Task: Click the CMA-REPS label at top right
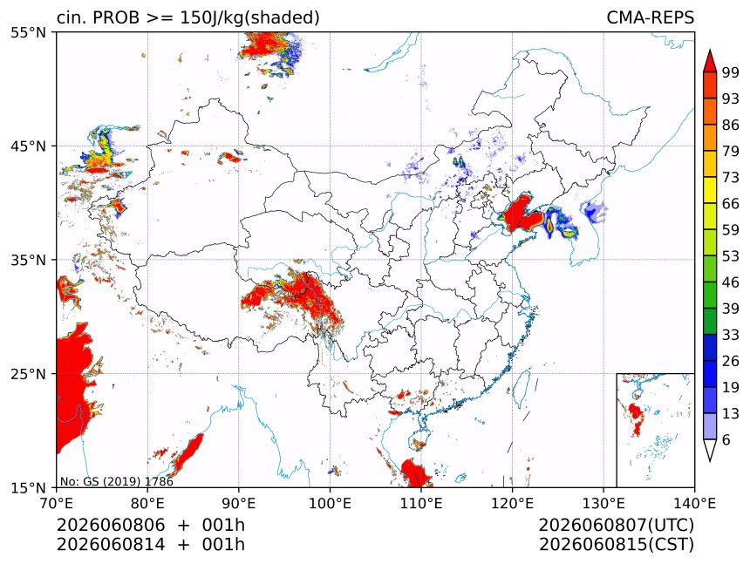pyautogui.click(x=650, y=17)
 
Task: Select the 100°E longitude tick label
pyautogui.click(x=330, y=503)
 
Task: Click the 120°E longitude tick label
pyautogui.click(x=512, y=503)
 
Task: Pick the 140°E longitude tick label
pyautogui.click(x=694, y=503)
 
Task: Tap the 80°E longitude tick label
pyautogui.click(x=147, y=503)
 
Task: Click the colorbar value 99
pyautogui.click(x=731, y=72)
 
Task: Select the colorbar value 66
pyautogui.click(x=731, y=204)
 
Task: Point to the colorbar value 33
pyautogui.click(x=731, y=335)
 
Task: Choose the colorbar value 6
pyautogui.click(x=726, y=439)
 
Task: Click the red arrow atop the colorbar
pyautogui.click(x=710, y=61)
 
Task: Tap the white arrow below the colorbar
pyautogui.click(x=710, y=450)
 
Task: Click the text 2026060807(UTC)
pyautogui.click(x=616, y=526)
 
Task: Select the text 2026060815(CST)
pyautogui.click(x=616, y=545)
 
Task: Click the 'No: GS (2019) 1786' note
pyautogui.click(x=117, y=481)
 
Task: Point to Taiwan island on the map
pyautogui.click(x=521, y=386)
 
